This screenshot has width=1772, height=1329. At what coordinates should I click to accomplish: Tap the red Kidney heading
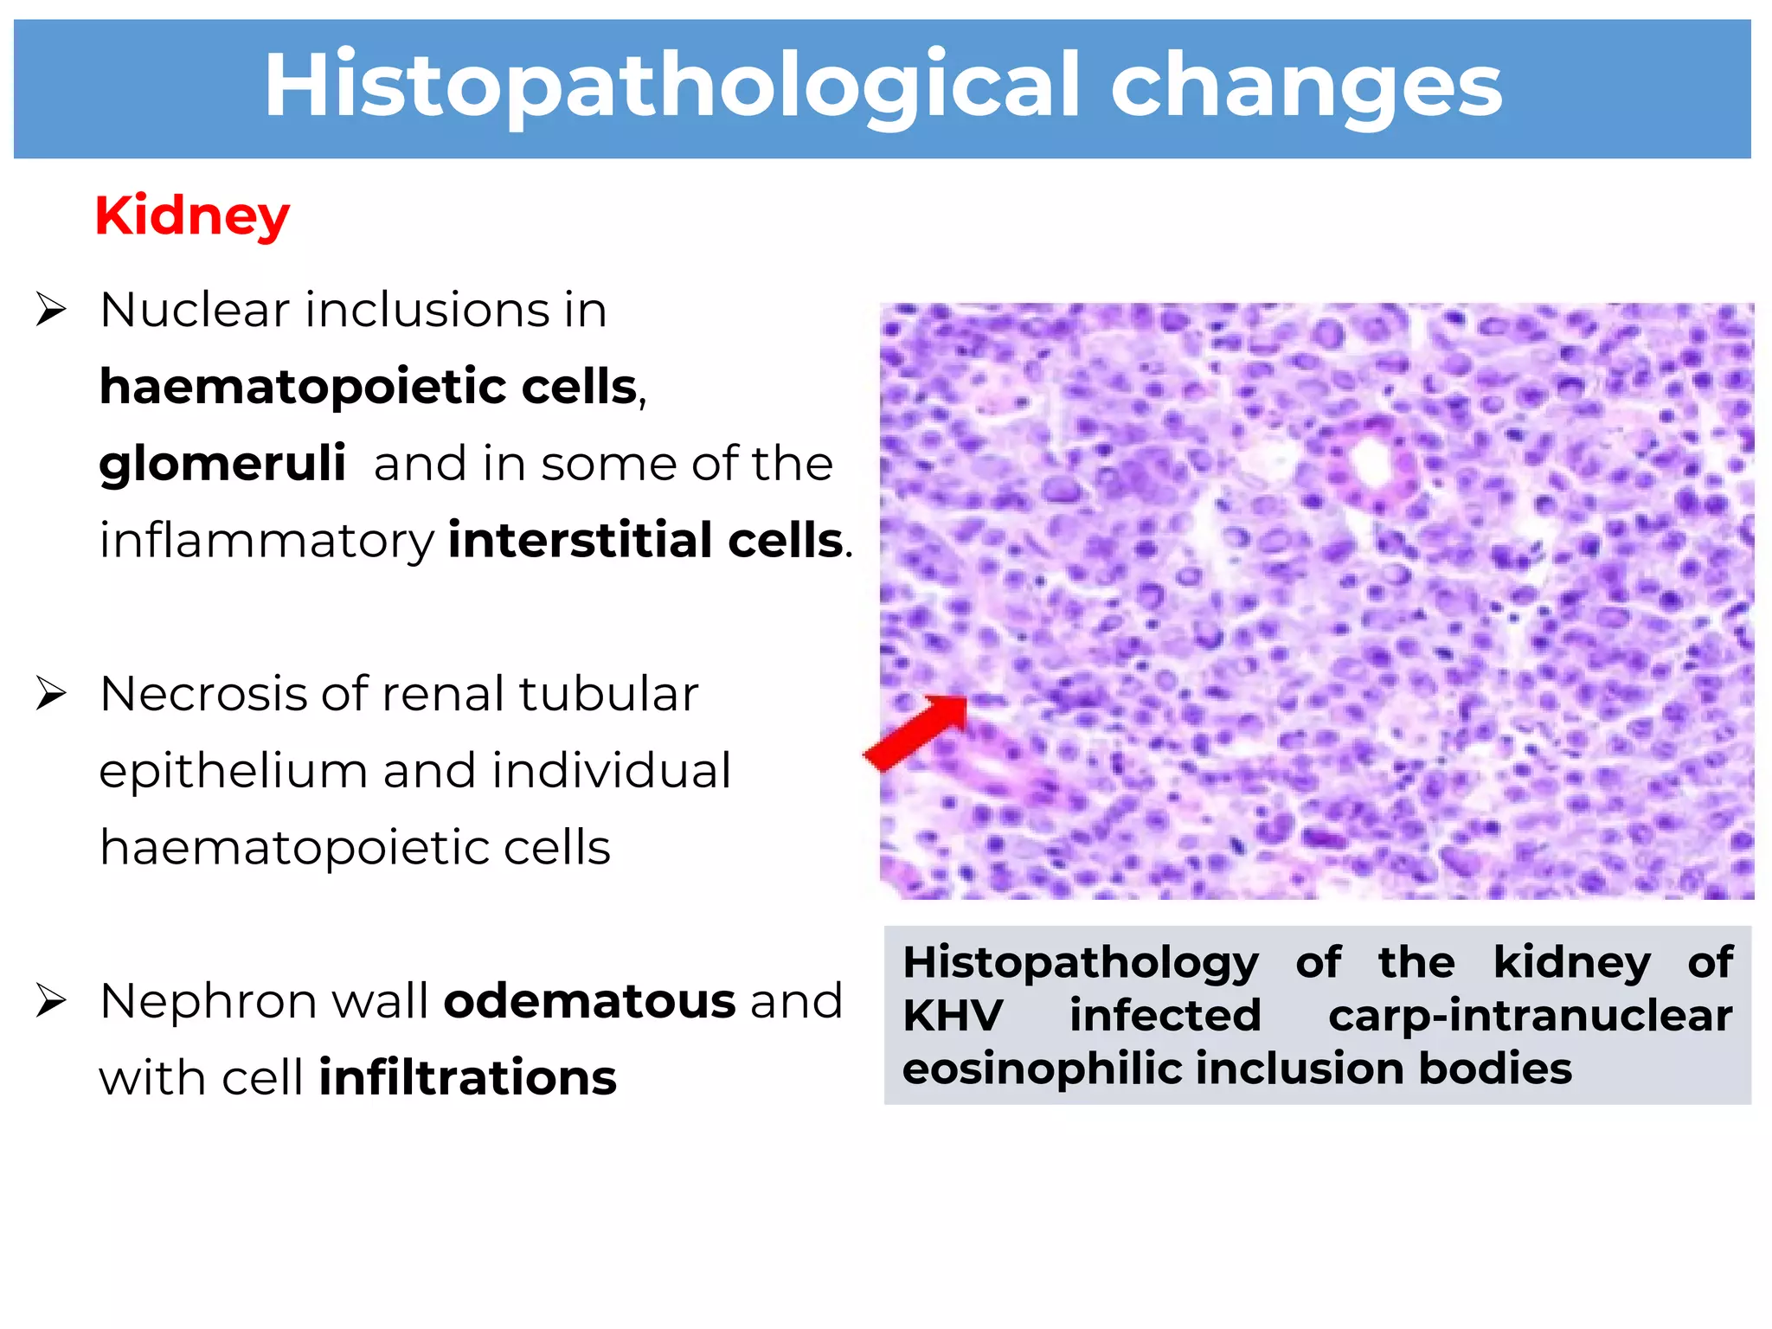tap(192, 215)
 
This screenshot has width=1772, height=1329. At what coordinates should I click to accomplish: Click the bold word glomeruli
tap(222, 465)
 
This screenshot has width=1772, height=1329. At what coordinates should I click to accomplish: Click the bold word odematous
tap(589, 1001)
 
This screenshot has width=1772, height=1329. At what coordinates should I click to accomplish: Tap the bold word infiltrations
tap(468, 1078)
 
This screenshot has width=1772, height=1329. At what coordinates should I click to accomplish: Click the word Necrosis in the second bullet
tap(202, 694)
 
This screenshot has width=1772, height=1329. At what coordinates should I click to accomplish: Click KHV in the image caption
tap(953, 1015)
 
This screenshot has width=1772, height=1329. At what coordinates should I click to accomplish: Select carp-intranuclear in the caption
tap(1530, 1015)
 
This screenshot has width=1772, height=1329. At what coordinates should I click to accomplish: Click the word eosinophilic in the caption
tap(1041, 1069)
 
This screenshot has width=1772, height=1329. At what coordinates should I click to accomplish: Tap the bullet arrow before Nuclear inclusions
tap(51, 310)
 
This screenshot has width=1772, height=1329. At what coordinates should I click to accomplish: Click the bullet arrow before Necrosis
tap(51, 694)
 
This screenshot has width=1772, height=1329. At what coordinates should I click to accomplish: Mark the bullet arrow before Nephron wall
tap(51, 1001)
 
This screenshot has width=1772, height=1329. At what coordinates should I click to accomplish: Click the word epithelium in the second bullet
tap(233, 771)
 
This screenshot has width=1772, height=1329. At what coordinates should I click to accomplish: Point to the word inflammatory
tap(266, 542)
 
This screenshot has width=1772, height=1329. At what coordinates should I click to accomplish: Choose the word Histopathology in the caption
tap(1080, 962)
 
